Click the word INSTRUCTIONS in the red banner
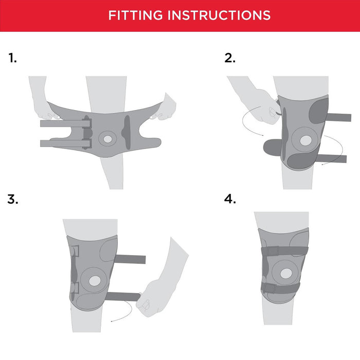pyautogui.click(x=219, y=15)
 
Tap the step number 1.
pyautogui.click(x=13, y=58)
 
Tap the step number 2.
pyautogui.click(x=230, y=58)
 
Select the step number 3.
pyautogui.click(x=13, y=199)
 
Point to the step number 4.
pyautogui.click(x=230, y=199)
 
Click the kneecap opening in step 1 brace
pyautogui.click(x=107, y=139)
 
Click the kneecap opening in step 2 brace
pyautogui.click(x=306, y=140)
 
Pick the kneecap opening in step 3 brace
pyautogui.click(x=95, y=281)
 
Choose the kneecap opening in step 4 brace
pyautogui.click(x=286, y=273)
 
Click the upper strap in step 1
pyautogui.click(x=65, y=123)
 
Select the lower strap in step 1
pyautogui.click(x=65, y=143)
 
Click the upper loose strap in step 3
pyautogui.click(x=130, y=259)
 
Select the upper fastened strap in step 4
pyautogui.click(x=285, y=251)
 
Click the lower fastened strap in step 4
pyautogui.click(x=280, y=289)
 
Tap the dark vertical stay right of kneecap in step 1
pyautogui.click(x=127, y=132)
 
